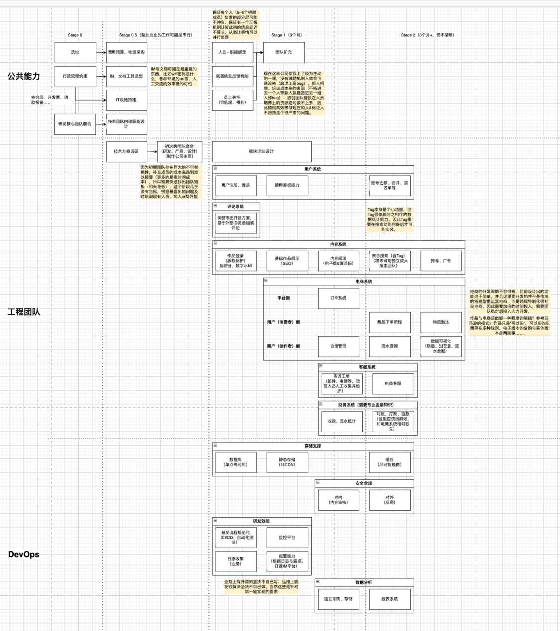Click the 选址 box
tap(75, 52)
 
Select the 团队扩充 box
tap(283, 52)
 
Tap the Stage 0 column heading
tap(75, 35)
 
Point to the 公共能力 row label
tap(23, 76)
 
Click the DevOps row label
tap(23, 554)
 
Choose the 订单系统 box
tap(338, 298)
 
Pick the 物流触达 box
tap(441, 322)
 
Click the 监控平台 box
tap(287, 538)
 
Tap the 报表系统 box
tap(389, 599)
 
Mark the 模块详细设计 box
tap(261, 152)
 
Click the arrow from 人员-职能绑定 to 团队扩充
tap(258, 52)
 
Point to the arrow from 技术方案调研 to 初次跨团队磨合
tap(152, 151)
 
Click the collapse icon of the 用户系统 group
tap(215, 168)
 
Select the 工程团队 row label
tap(23, 312)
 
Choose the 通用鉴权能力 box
tap(287, 185)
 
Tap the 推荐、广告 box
tap(441, 261)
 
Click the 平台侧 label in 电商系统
tap(283, 298)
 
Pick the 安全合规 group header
tap(363, 483)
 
